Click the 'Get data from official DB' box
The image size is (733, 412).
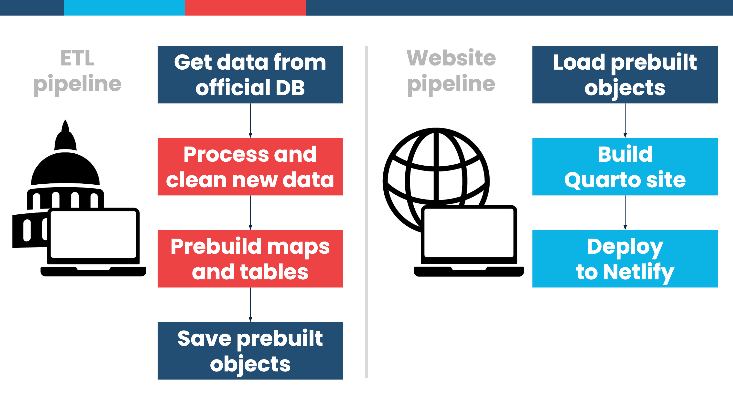250,74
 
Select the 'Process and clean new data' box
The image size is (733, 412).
250,167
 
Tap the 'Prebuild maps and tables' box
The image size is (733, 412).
250,259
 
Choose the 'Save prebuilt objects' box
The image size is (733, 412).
250,351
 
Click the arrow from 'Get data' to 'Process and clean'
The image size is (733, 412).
250,121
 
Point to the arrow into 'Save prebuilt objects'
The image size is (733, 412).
250,305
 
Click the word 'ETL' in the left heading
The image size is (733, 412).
77,58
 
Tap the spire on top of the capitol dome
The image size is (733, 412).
65,128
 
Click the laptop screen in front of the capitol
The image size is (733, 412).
93,234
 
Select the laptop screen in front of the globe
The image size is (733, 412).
469,232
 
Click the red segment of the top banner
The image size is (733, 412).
245,7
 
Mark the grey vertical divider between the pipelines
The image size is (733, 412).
366,212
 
